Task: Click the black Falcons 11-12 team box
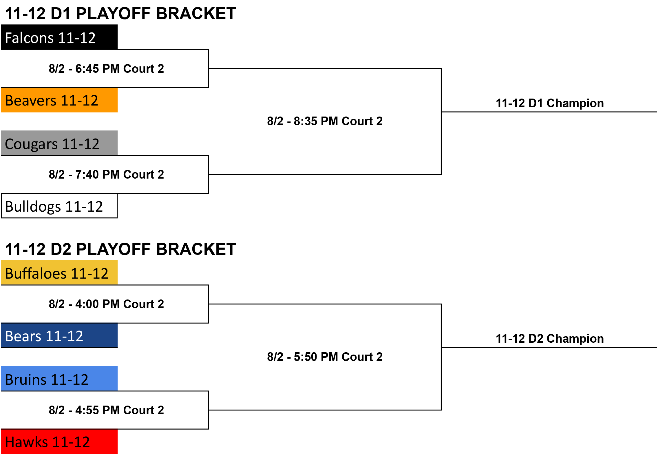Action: tap(59, 37)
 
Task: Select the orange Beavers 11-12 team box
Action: tap(59, 100)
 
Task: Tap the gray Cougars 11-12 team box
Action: tap(59, 143)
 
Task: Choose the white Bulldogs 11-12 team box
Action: tap(59, 206)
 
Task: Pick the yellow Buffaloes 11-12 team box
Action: tap(59, 273)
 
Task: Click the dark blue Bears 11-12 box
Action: tap(59, 335)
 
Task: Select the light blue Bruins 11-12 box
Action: tap(59, 379)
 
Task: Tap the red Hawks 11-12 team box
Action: tap(59, 442)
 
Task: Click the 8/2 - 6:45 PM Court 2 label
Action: tap(106, 69)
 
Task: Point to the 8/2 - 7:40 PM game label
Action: tap(106, 175)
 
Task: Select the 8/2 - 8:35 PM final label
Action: tap(325, 121)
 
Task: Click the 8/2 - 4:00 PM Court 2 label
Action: tap(106, 304)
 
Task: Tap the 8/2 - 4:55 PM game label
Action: tap(106, 410)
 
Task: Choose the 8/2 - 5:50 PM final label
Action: tap(325, 357)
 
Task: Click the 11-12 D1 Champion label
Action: tap(550, 103)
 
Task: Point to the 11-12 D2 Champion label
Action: tap(550, 339)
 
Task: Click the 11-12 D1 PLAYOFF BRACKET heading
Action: tap(120, 13)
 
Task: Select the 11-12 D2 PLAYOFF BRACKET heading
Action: tap(120, 249)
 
